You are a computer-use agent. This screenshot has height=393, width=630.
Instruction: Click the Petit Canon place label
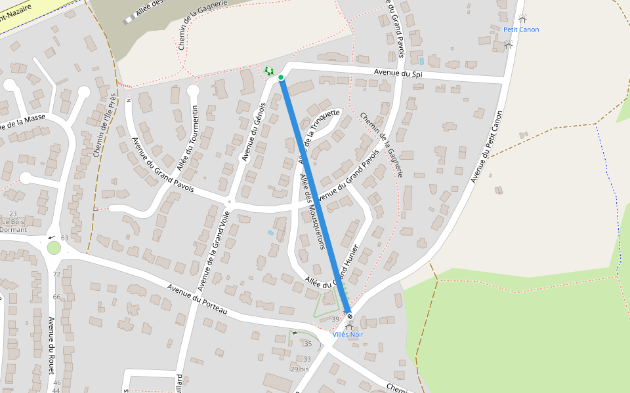[521, 29]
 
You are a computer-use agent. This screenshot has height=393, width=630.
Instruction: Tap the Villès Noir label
[348, 335]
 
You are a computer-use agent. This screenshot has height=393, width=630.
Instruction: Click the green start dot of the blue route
[281, 77]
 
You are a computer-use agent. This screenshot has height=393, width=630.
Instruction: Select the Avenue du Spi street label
[398, 73]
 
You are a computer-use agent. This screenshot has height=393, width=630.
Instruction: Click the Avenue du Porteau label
[197, 299]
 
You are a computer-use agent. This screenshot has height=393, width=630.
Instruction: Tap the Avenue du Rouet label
[52, 346]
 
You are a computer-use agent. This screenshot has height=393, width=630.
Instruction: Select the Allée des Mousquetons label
[312, 212]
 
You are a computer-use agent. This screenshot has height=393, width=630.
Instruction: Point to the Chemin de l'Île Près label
[104, 125]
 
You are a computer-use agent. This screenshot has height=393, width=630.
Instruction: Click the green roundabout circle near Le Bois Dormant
[54, 248]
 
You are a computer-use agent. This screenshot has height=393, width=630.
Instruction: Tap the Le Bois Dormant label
[13, 225]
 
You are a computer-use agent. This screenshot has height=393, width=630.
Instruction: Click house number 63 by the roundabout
[64, 238]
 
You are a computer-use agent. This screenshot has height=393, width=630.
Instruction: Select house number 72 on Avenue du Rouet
[56, 274]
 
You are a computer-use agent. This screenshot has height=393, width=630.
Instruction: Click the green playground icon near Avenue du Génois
[268, 70]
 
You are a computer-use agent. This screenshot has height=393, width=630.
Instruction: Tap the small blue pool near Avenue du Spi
[421, 60]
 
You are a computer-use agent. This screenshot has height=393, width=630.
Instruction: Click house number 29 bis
[299, 369]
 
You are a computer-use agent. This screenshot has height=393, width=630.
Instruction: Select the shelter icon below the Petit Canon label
[508, 44]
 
